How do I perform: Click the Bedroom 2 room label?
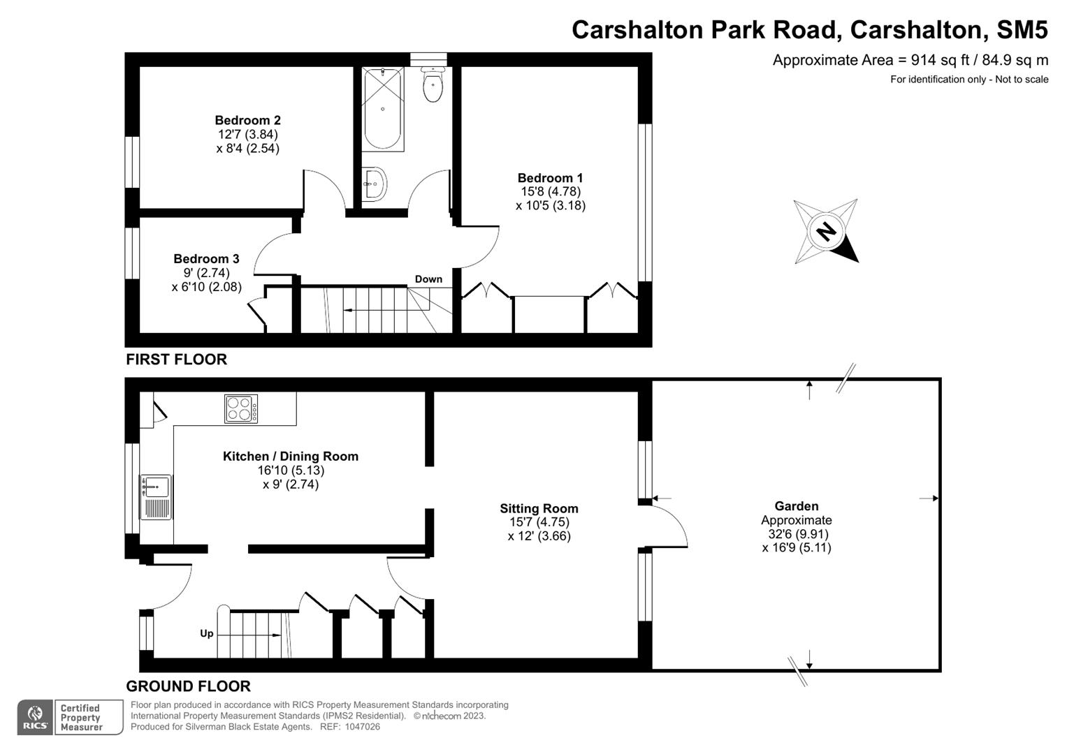coord(247,120)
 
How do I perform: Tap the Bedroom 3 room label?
coord(206,259)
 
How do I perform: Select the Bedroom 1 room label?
coord(550,178)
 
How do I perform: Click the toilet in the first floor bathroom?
coord(433,86)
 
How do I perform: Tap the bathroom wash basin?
coord(374,184)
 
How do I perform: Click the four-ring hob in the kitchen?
coord(241,409)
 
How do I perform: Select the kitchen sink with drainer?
coord(156,496)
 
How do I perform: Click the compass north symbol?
coord(826,231)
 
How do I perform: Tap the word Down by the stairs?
coord(428,279)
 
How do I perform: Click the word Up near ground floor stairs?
coord(207,633)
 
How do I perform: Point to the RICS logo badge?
coord(35,717)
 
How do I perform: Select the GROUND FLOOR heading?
coord(188,686)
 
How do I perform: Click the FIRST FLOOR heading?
coord(176,360)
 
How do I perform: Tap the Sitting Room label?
coord(539,509)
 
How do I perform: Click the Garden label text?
coord(796,506)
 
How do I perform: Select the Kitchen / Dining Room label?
coord(291,457)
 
